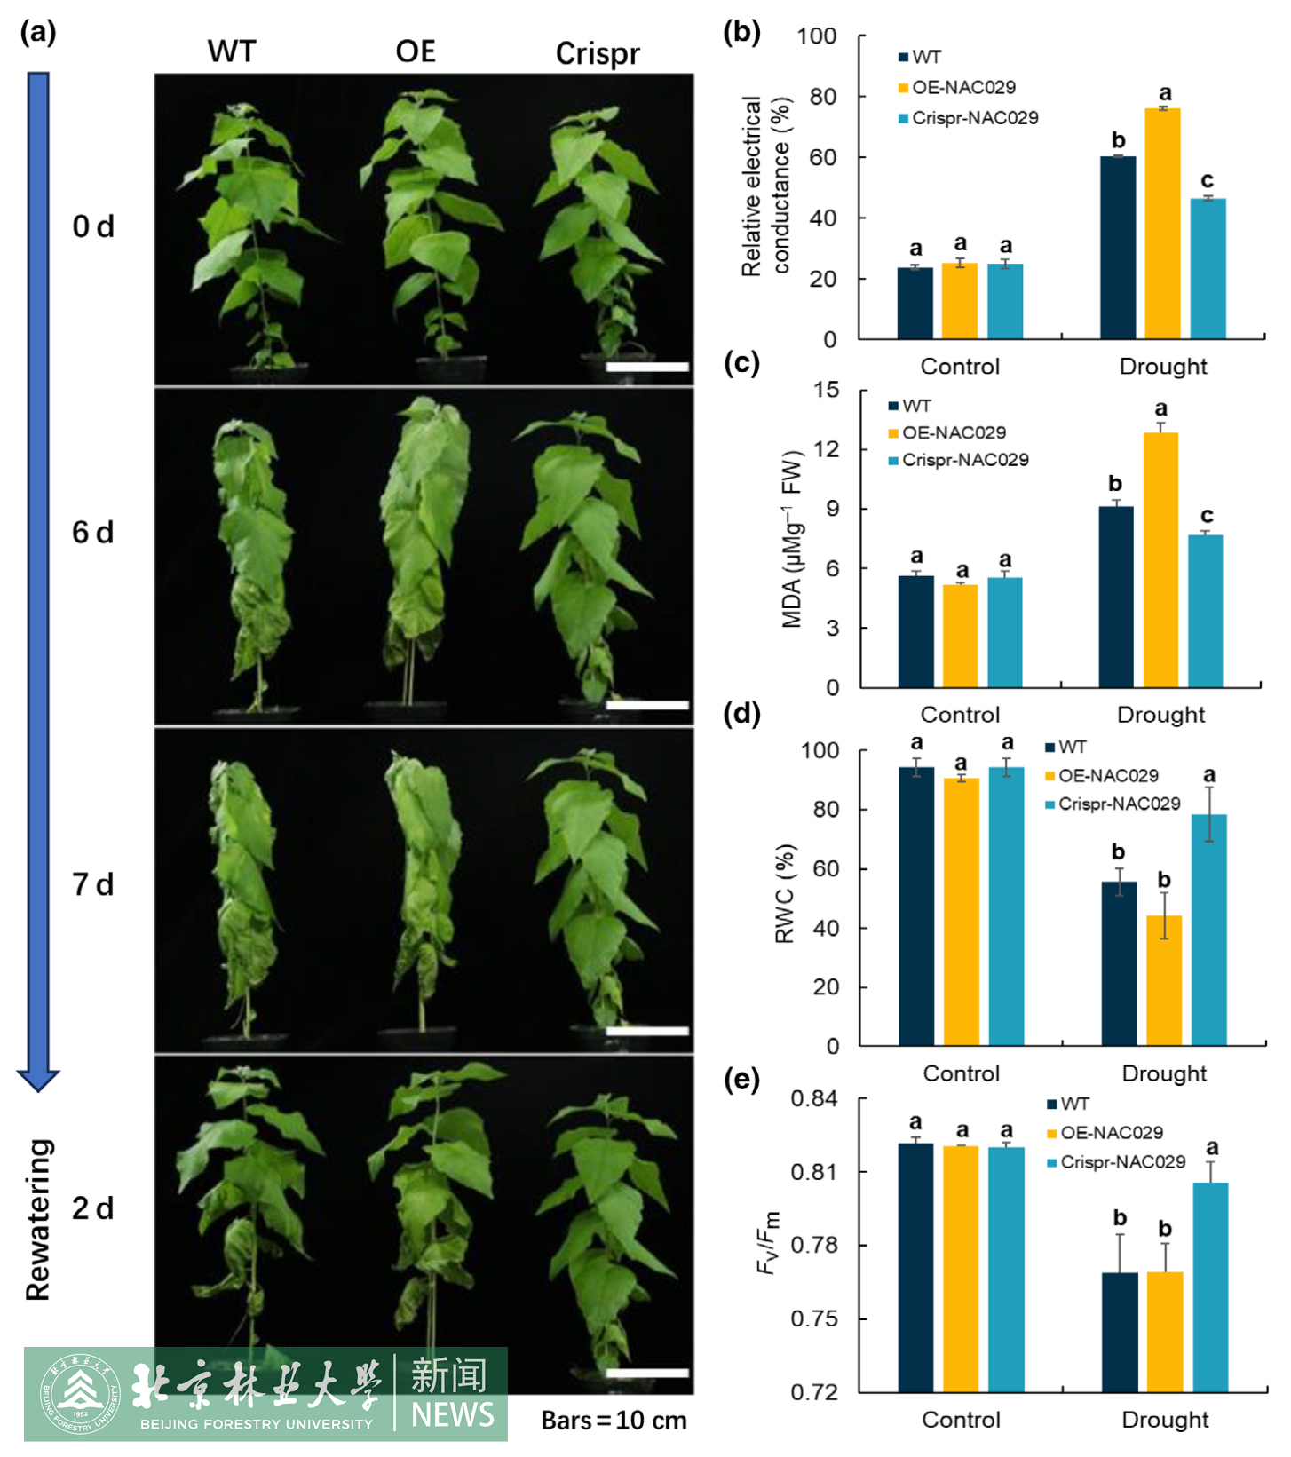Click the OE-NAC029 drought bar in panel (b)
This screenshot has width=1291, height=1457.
(x=1162, y=223)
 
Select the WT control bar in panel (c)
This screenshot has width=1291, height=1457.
(x=915, y=631)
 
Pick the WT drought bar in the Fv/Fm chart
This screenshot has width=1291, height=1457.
(x=1120, y=1332)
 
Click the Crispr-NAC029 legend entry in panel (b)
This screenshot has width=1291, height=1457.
(x=967, y=118)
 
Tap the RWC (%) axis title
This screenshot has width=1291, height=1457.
(x=785, y=893)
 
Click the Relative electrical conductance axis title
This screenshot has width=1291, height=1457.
(x=764, y=186)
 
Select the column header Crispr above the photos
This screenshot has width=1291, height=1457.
(x=597, y=54)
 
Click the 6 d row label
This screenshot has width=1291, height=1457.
(x=93, y=533)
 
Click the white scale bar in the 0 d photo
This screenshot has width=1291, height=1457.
(x=646, y=367)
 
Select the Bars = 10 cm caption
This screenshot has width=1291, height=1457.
(x=614, y=1421)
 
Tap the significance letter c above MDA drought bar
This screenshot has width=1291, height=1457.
(x=1207, y=515)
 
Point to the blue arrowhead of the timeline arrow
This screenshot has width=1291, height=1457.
(x=38, y=1079)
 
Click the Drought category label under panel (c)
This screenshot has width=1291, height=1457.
(x=1160, y=715)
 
